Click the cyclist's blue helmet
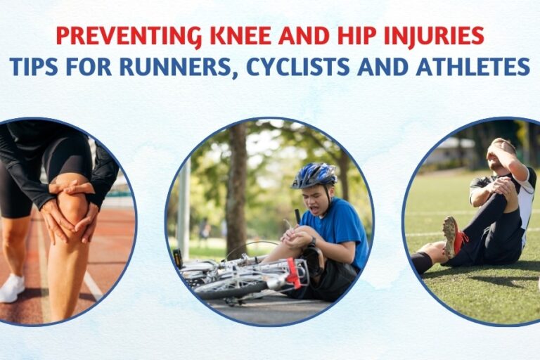click(x=314, y=174)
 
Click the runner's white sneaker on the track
click(x=12, y=288)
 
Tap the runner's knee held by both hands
click(x=72, y=207)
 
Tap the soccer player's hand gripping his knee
click(x=501, y=186)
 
